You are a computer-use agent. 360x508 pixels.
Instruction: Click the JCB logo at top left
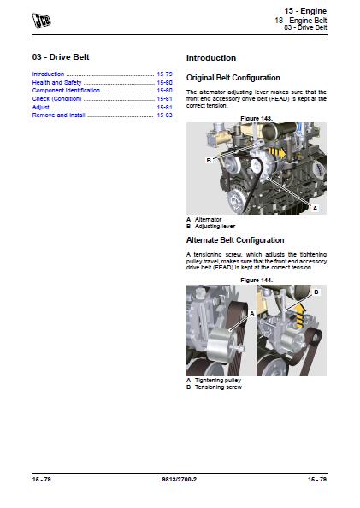click(x=39, y=18)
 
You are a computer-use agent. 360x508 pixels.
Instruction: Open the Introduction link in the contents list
click(x=49, y=74)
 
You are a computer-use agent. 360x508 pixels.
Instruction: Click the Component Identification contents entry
click(x=66, y=90)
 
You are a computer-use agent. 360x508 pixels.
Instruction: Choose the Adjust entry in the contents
click(x=41, y=107)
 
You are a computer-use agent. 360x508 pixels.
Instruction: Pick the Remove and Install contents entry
click(x=57, y=115)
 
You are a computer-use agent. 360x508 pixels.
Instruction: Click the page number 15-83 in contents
click(x=164, y=115)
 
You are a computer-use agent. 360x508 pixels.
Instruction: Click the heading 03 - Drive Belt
click(x=61, y=57)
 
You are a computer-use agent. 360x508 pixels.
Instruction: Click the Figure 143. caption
click(x=257, y=117)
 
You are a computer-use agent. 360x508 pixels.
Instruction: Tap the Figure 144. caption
click(x=257, y=280)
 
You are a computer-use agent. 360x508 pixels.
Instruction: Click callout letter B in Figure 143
click(x=208, y=159)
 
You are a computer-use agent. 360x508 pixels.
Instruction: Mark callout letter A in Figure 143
click(x=314, y=208)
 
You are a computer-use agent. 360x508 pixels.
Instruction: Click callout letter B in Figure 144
click(x=316, y=292)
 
